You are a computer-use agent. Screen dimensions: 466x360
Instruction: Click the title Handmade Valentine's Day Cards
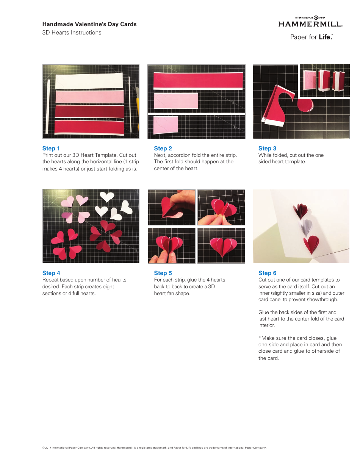pyautogui.click(x=89, y=24)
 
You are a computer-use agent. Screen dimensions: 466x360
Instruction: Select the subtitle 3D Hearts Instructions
pyautogui.click(x=72, y=33)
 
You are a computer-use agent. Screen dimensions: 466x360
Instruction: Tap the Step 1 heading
pyautogui.click(x=51, y=149)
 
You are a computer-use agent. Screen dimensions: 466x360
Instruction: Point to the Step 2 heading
pyautogui.click(x=163, y=149)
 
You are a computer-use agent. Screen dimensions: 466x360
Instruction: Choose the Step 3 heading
pyautogui.click(x=267, y=149)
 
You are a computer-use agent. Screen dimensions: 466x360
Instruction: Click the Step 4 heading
pyautogui.click(x=51, y=273)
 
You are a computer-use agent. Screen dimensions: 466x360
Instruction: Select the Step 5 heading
pyautogui.click(x=163, y=273)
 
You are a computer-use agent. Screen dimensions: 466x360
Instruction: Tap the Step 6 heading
pyautogui.click(x=267, y=273)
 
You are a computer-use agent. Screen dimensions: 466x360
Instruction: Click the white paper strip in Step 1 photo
pyautogui.click(x=89, y=80)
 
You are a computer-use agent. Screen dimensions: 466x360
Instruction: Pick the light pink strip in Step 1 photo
pyautogui.click(x=89, y=97)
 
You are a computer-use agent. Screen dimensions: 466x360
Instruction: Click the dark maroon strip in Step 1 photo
pyautogui.click(x=89, y=112)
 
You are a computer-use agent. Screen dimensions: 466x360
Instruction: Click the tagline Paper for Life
pyautogui.click(x=311, y=37)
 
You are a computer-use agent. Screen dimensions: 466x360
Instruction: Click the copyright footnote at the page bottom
pyautogui.click(x=154, y=448)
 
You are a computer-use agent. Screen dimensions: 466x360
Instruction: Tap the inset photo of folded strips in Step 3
pyautogui.click(x=324, y=81)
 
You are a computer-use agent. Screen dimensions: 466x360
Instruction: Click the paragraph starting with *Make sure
pyautogui.click(x=300, y=348)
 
